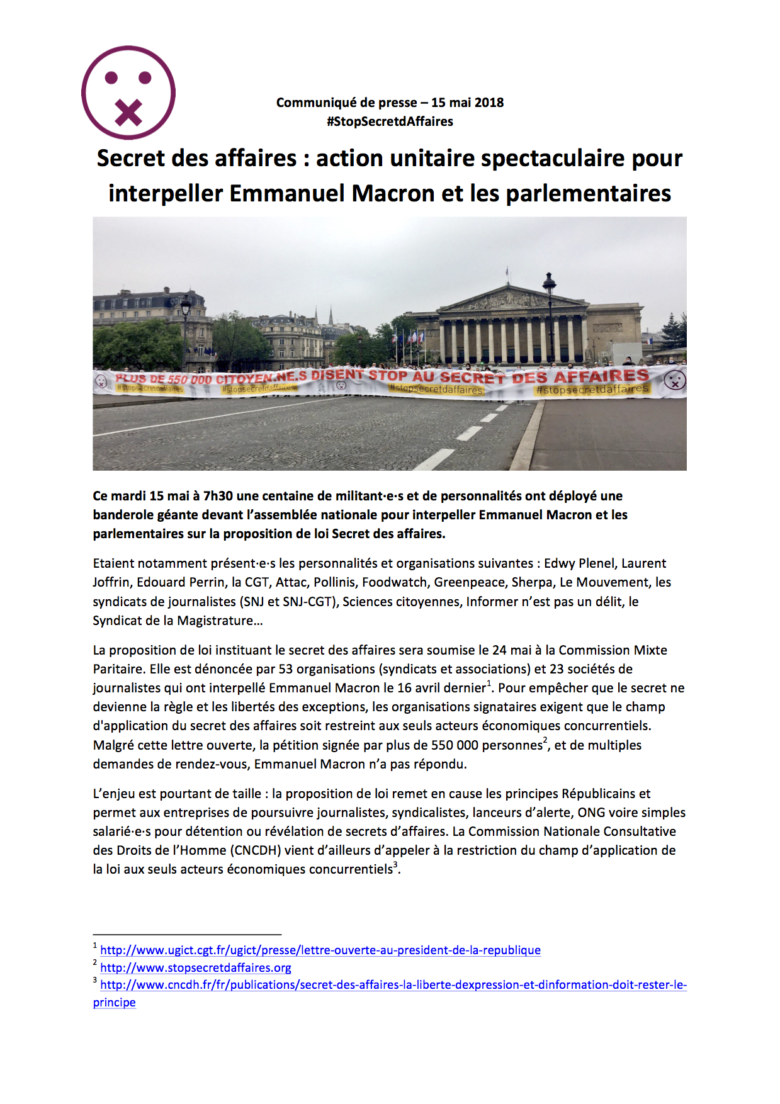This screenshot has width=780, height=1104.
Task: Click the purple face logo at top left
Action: click(128, 93)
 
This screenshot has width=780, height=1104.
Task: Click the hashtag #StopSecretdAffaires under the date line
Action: click(390, 121)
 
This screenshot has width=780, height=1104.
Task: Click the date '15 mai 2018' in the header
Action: click(467, 103)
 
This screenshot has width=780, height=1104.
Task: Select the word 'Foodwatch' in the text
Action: click(394, 582)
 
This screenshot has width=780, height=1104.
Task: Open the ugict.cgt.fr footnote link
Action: click(320, 950)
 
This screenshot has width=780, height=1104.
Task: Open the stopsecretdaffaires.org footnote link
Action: click(195, 967)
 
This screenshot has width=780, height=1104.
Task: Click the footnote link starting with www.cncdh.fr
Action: click(393, 985)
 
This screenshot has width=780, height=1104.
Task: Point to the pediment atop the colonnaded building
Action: click(509, 298)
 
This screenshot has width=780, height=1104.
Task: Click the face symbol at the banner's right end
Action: click(674, 380)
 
